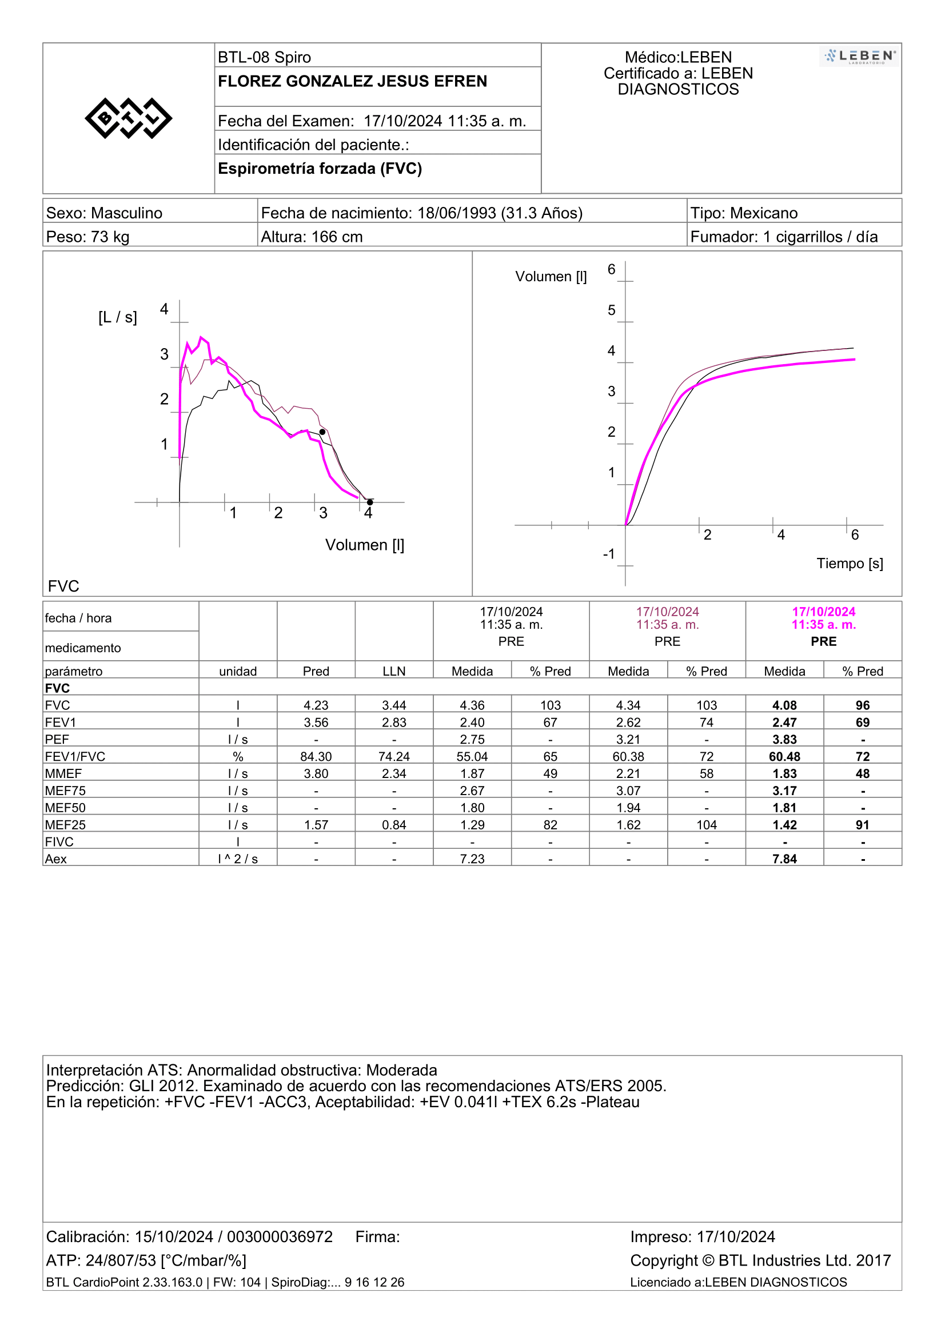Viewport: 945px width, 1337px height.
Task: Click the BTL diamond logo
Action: click(128, 118)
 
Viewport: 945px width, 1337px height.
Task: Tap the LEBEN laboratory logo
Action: click(859, 57)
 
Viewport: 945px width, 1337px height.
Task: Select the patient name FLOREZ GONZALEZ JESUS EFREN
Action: click(352, 81)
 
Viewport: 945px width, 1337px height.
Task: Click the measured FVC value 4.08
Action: click(784, 705)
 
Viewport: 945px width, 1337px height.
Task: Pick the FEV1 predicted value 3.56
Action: click(316, 722)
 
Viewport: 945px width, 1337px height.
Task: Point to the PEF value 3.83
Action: click(784, 740)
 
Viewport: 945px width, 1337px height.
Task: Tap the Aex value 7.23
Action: click(472, 859)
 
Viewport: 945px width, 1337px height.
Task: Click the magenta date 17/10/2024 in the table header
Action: click(823, 612)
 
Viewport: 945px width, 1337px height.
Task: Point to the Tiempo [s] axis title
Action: click(850, 563)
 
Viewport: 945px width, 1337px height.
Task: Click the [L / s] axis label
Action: click(118, 317)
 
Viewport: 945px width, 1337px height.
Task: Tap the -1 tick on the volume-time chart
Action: click(608, 554)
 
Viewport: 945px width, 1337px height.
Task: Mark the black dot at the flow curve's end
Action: click(370, 502)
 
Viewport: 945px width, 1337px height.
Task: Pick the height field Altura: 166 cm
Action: click(312, 237)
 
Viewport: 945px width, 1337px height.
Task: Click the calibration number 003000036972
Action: click(280, 1237)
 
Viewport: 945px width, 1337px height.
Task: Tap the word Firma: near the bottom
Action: click(378, 1237)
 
